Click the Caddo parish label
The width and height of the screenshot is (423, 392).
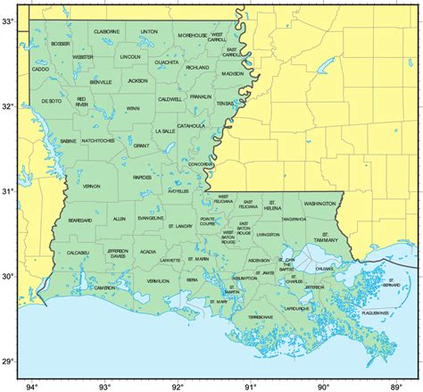pos(40,69)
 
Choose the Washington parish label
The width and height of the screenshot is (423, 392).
pos(319,204)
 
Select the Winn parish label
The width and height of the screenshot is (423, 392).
pos(132,109)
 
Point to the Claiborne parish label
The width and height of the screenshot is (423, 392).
pos(106,31)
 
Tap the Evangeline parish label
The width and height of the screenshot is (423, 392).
pos(151,218)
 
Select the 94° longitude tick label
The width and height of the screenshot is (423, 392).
pos(32,387)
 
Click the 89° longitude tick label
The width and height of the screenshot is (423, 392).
pos(395,387)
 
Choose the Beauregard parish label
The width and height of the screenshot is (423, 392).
pos(79,219)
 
